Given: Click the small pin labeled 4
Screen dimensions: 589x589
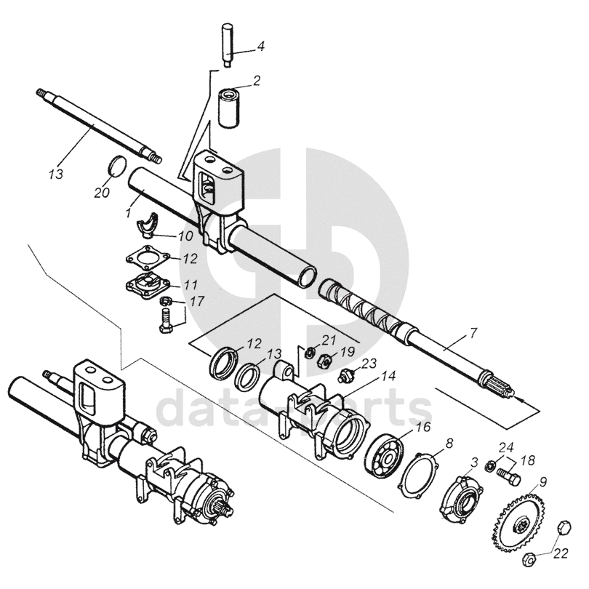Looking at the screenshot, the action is [228, 44].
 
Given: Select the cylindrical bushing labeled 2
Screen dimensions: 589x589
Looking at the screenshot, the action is [231, 107].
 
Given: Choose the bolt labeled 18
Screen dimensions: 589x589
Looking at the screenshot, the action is [508, 476].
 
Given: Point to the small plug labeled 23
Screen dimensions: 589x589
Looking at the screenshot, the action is [347, 376].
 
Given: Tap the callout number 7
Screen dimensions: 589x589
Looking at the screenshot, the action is [473, 334].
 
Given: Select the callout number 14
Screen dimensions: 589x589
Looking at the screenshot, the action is [388, 377].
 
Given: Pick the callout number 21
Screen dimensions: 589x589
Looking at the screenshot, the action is [329, 340].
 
